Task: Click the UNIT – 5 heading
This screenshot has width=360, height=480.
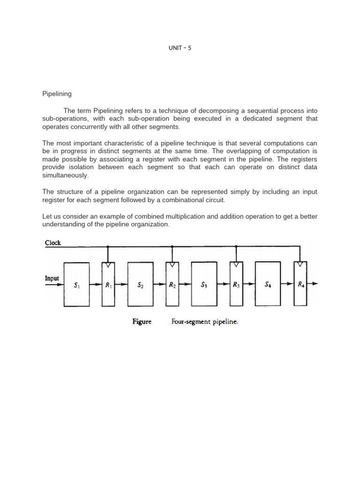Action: click(180, 48)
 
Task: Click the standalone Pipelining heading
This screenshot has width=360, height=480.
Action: click(57, 94)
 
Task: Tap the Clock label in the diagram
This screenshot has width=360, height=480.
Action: click(52, 243)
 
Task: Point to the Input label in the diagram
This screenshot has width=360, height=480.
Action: click(52, 278)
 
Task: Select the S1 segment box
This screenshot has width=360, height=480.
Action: click(76, 284)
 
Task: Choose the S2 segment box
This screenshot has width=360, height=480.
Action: click(140, 284)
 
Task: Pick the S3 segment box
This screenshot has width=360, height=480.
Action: click(204, 284)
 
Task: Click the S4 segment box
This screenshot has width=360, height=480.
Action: click(268, 284)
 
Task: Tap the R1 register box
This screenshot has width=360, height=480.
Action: click(108, 284)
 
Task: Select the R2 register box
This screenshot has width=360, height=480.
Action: click(172, 284)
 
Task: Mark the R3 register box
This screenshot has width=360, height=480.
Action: click(236, 284)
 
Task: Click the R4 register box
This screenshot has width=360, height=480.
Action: click(300, 284)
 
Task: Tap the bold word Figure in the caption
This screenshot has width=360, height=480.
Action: click(142, 322)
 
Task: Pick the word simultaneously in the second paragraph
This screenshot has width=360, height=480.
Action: click(65, 175)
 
